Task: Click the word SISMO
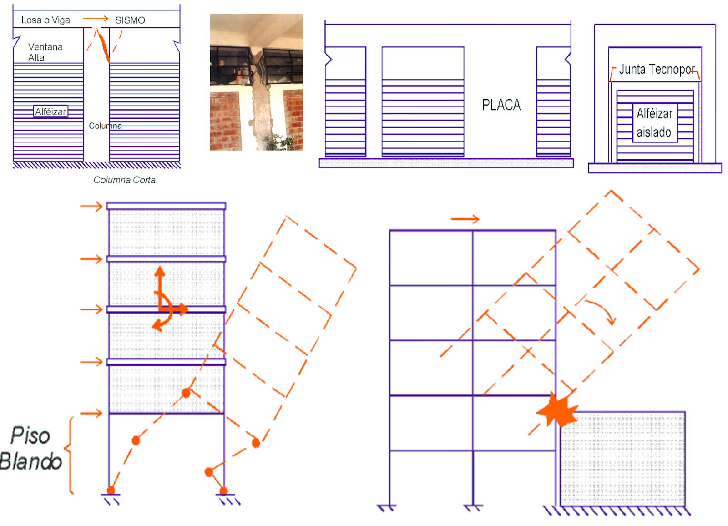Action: coord(130,20)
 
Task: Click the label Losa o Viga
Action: coord(45,20)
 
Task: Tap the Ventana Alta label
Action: coord(45,52)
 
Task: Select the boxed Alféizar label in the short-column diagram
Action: coord(51,111)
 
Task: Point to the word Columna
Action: coord(105,126)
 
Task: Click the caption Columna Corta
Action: coord(124,180)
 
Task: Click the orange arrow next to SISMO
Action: coord(96,19)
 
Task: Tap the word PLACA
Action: coord(501,105)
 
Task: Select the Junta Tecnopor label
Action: coord(656,69)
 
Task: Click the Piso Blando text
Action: coord(30,448)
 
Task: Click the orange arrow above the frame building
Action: coord(465,219)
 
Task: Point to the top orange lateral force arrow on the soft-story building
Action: coord(91,207)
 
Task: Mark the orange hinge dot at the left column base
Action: coord(111,491)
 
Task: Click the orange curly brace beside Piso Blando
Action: coord(70,455)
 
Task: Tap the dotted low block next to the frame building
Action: coord(622,458)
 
